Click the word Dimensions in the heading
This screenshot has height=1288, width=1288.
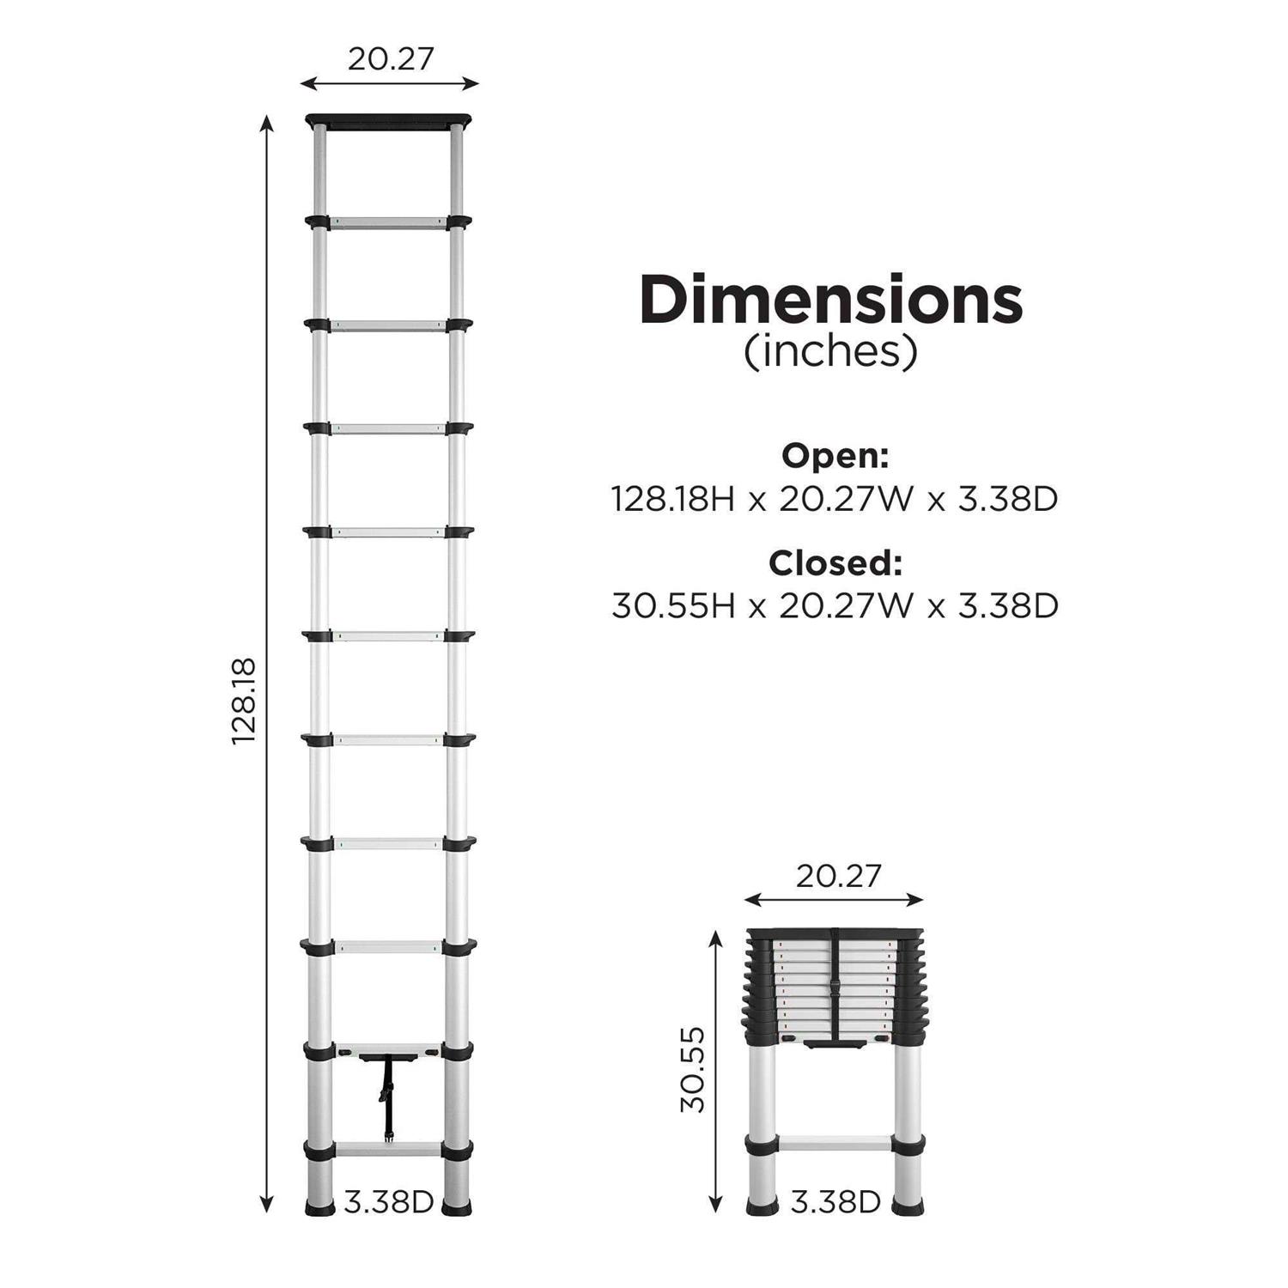pos(830,300)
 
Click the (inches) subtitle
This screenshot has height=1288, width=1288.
pos(830,351)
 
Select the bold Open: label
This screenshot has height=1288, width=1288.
pos(835,456)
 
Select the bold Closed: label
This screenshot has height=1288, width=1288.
pos(835,563)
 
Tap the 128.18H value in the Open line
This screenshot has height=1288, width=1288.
pos(673,499)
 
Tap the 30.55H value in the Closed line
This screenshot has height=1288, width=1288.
pos(673,606)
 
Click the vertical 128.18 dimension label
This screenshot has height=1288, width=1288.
pos(245,701)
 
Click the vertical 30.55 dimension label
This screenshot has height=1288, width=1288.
pos(692,1069)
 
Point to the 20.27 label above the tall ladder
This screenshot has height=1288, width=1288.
pos(391,58)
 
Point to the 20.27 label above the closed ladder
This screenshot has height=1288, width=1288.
pos(838,876)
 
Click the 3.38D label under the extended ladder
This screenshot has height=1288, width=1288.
pos(389,1202)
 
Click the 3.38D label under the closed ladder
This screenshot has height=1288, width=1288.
pos(835,1202)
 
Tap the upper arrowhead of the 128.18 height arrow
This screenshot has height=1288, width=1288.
pos(267,123)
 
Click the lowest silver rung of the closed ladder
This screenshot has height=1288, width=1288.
pos(835,1144)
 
